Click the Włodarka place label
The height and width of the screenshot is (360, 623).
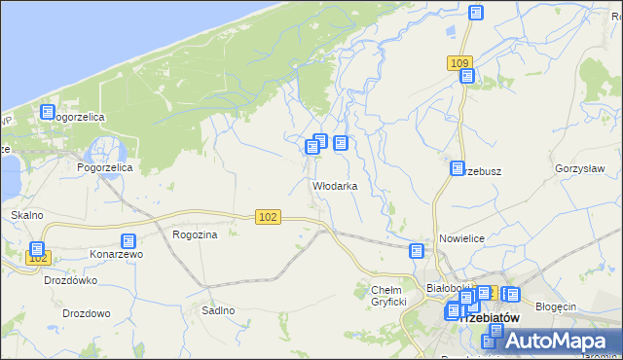[334, 186]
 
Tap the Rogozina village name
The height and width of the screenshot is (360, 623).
[194, 234]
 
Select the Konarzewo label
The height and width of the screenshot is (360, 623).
[117, 254]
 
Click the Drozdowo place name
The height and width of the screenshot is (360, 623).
[86, 313]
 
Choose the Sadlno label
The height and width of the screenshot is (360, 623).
[218, 310]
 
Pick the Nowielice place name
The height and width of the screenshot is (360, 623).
[461, 238]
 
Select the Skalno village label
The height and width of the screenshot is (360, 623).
[27, 214]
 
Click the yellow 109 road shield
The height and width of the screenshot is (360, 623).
[461, 62]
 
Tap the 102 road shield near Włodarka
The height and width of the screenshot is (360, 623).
[270, 217]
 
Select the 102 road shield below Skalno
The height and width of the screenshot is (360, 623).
[38, 258]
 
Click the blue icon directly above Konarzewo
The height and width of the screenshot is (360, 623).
[128, 240]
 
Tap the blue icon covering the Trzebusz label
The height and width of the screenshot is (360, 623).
[457, 168]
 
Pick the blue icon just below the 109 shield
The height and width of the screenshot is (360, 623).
[466, 76]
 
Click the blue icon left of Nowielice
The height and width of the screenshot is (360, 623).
[417, 250]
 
